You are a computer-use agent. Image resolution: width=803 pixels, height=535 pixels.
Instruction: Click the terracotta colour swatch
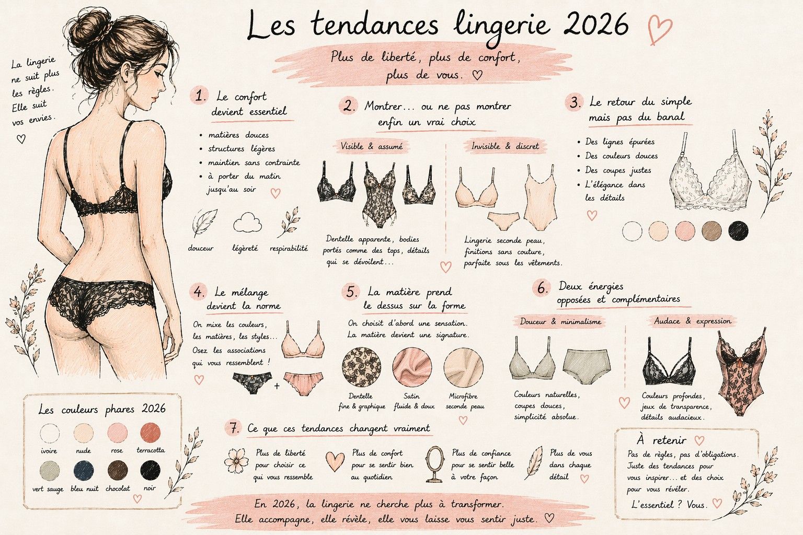point(151,433)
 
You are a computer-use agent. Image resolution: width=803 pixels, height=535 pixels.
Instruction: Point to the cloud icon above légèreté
point(247,223)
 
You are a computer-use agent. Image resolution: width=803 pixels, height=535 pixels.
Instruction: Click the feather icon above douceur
point(204,223)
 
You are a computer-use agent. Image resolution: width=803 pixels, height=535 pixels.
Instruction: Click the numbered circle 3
point(575,102)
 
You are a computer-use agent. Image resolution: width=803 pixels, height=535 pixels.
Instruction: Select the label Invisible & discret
point(504,147)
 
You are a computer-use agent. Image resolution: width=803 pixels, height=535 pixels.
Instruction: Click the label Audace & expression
point(692,321)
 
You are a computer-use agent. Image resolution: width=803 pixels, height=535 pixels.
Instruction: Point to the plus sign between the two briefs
point(277,386)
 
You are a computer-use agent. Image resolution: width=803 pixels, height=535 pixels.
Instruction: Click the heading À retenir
point(662,440)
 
